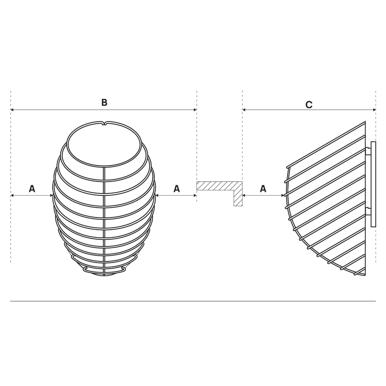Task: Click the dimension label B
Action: click(x=104, y=102)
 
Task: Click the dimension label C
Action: click(x=309, y=105)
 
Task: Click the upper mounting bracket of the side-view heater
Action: click(x=368, y=151)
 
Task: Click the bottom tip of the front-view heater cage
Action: click(x=104, y=275)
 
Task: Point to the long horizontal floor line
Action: click(x=193, y=301)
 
